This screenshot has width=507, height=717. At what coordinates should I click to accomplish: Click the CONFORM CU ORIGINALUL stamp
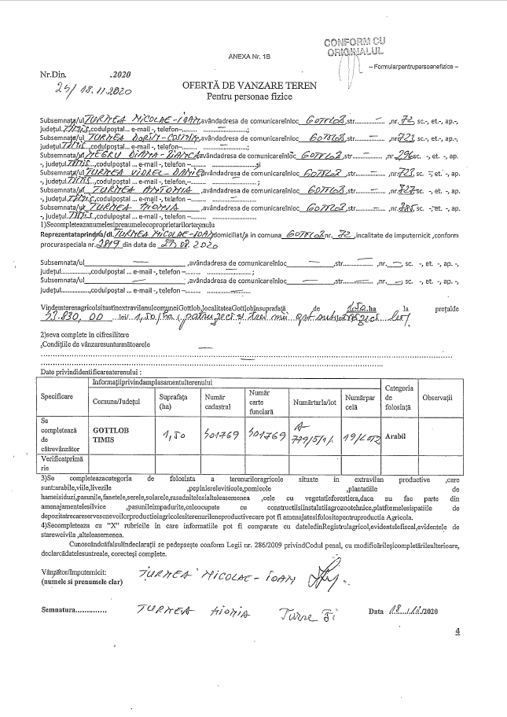(358, 46)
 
